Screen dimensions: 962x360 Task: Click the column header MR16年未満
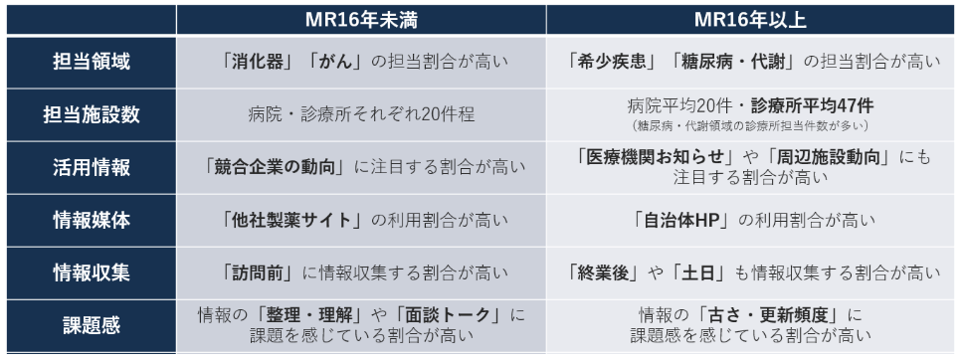coord(361,20)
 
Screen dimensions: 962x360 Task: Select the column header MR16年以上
coord(750,20)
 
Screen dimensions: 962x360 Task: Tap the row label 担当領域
coord(92,62)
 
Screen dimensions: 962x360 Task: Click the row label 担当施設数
coord(92,114)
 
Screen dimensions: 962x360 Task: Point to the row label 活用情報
coord(92,167)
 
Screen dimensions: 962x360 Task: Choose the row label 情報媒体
coord(92,220)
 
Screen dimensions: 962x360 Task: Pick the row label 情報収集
coord(92,272)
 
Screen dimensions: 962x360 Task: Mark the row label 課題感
coord(92,325)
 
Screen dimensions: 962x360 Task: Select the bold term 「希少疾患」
coord(608,62)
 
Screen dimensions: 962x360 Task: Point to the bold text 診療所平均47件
coord(811,106)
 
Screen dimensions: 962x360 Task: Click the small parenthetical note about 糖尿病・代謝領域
coord(750,125)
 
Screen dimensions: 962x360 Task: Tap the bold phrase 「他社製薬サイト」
coord(292,220)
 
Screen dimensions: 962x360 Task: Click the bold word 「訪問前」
coord(259,272)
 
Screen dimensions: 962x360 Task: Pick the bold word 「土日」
coord(699,272)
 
